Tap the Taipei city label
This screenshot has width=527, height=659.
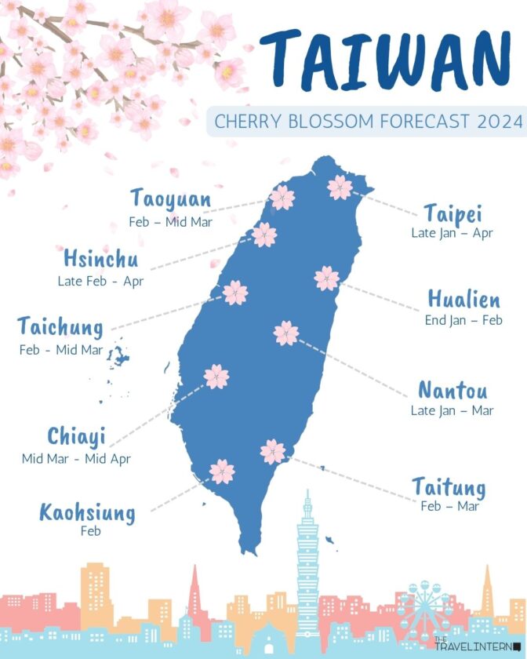click(x=452, y=213)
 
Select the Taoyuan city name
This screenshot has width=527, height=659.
click(x=170, y=199)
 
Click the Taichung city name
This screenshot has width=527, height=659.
click(x=60, y=326)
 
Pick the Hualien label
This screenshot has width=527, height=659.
click(x=463, y=300)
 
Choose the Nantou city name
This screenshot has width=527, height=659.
click(x=452, y=390)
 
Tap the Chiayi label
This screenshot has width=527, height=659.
click(x=76, y=436)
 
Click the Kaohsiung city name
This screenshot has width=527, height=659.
click(x=87, y=514)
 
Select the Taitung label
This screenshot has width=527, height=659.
click(x=449, y=488)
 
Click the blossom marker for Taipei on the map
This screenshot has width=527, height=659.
click(x=340, y=187)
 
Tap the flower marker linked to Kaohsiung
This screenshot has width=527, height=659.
click(x=222, y=471)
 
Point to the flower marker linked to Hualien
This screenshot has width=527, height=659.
click(x=326, y=278)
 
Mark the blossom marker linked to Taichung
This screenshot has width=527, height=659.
click(x=235, y=293)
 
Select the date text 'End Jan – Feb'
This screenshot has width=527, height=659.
click(x=463, y=320)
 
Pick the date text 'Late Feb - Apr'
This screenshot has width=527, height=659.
click(x=100, y=280)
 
